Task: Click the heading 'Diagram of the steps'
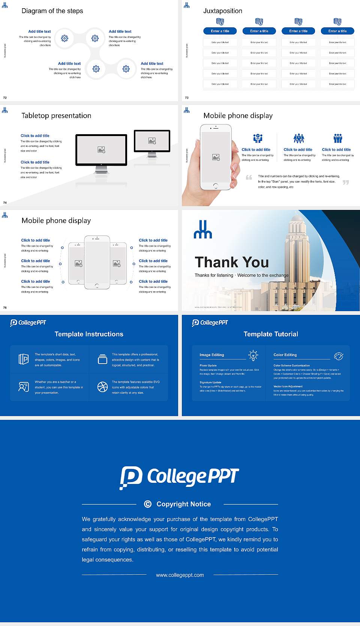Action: (52, 11)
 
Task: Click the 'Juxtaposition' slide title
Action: (222, 11)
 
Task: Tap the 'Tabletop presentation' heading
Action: (56, 115)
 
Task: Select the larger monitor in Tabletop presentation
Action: (101, 150)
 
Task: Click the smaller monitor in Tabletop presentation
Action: (152, 141)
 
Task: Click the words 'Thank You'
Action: (232, 262)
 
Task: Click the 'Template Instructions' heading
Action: (89, 334)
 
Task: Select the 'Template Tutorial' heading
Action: (271, 334)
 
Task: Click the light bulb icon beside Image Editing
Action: (253, 355)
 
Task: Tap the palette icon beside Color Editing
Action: (339, 356)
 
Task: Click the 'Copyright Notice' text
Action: (183, 504)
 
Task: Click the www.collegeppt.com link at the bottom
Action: (180, 575)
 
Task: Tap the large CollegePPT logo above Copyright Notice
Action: (179, 477)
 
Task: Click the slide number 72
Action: (5, 98)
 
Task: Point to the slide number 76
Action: (5, 308)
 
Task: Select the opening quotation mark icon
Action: (249, 177)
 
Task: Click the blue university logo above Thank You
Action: (203, 230)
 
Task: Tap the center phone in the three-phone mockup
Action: (97, 262)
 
